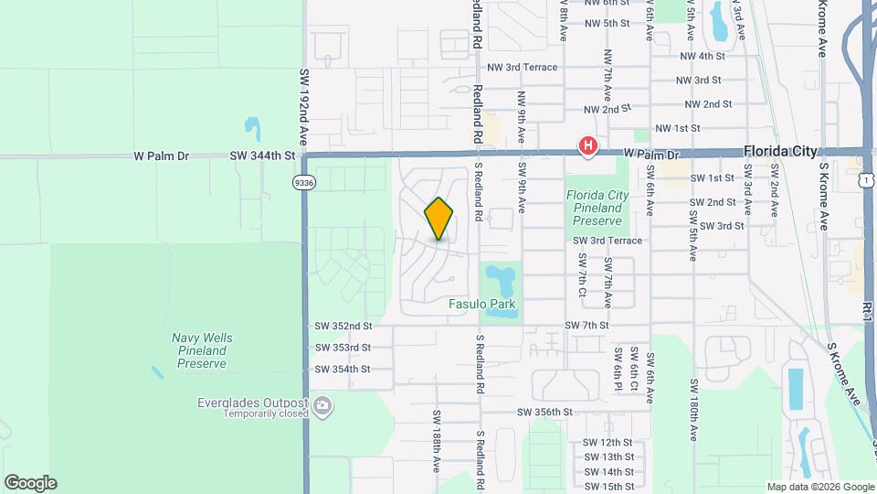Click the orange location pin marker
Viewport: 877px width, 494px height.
(x=438, y=220)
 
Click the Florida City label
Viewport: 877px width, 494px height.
(x=780, y=152)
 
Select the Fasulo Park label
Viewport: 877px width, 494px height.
(x=481, y=304)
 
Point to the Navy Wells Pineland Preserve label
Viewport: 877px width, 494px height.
(x=202, y=350)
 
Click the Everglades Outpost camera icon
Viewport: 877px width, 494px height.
(x=322, y=405)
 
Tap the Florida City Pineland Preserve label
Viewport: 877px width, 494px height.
(x=597, y=208)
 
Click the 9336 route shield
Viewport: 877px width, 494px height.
(x=304, y=182)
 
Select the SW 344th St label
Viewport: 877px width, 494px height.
(x=262, y=156)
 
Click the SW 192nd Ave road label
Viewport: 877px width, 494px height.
(x=305, y=106)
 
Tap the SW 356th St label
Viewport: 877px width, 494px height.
(x=544, y=413)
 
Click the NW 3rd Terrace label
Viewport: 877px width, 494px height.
(x=522, y=68)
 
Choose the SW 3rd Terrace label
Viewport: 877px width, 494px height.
(x=608, y=241)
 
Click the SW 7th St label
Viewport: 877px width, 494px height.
(x=586, y=326)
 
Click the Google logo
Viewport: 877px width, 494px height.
(x=30, y=483)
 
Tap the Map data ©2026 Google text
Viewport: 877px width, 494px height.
(x=820, y=487)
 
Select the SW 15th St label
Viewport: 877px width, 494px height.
(x=608, y=486)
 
